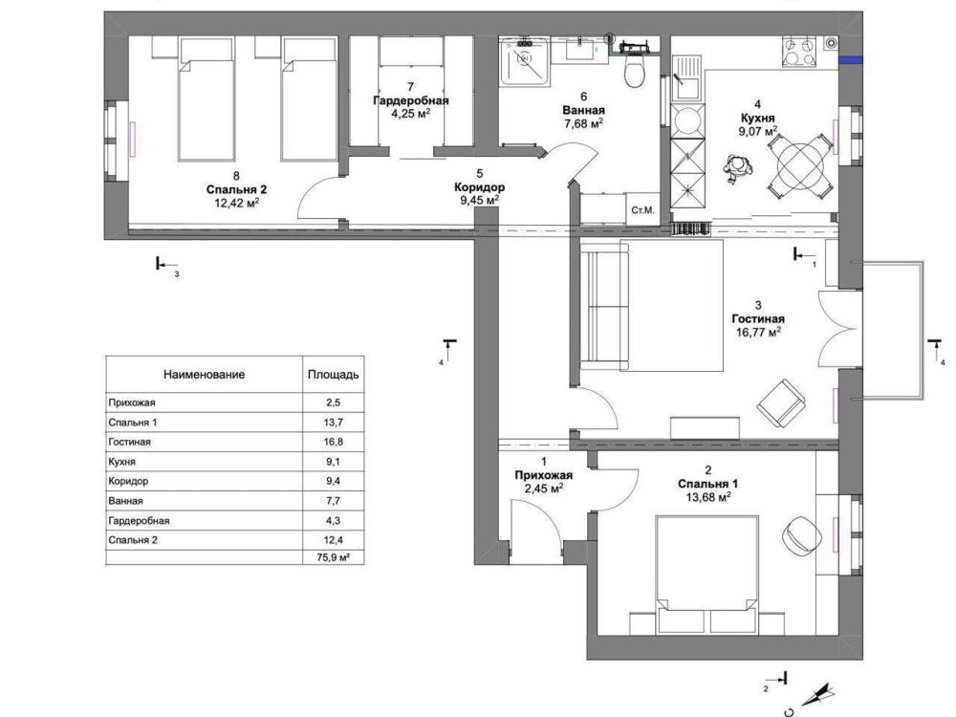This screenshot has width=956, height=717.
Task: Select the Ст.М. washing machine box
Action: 642,209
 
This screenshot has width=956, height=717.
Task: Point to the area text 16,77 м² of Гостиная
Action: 758,333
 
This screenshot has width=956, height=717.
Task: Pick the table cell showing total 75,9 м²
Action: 334,557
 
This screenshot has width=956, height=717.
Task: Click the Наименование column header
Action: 205,375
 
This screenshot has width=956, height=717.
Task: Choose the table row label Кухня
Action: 122,462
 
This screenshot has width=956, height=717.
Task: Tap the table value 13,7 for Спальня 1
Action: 334,423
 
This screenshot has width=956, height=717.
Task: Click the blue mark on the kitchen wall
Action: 851,59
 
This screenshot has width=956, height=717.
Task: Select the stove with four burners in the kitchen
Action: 798,52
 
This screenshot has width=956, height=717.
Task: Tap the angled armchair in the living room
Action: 781,403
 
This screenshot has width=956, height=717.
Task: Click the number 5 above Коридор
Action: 479,174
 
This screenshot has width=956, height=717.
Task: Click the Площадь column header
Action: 334,375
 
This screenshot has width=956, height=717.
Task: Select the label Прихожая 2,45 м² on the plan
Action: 544,482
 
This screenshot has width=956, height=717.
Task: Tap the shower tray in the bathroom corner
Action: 524,59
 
